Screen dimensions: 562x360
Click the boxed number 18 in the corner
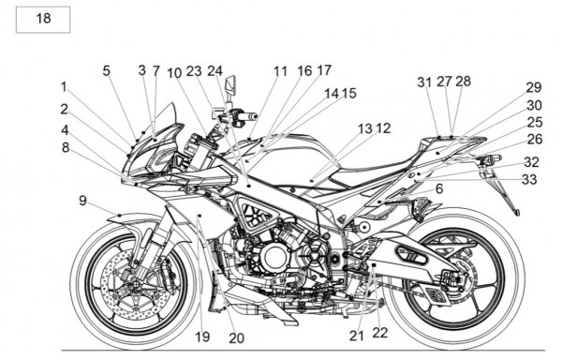pos(43,19)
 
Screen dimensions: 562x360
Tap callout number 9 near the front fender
pos(82,201)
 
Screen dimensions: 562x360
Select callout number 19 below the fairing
pos(202,337)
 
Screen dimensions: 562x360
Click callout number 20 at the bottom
pos(236,337)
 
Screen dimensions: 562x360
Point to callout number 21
pos(356,336)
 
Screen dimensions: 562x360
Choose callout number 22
pos(380,333)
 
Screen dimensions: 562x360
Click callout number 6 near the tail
pos(439,188)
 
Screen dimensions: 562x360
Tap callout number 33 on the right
pos(529,179)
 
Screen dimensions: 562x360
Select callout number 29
pos(534,87)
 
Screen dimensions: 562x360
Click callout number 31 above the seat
pos(424,82)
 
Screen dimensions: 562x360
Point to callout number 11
pos(280,71)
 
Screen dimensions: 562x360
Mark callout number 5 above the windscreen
pos(106,70)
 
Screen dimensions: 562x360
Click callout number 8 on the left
pos(66,147)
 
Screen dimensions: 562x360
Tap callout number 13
pos(365,128)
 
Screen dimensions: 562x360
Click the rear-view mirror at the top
pos(230,86)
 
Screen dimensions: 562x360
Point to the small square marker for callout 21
pos(374,264)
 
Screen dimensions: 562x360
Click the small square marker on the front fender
pos(119,215)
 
